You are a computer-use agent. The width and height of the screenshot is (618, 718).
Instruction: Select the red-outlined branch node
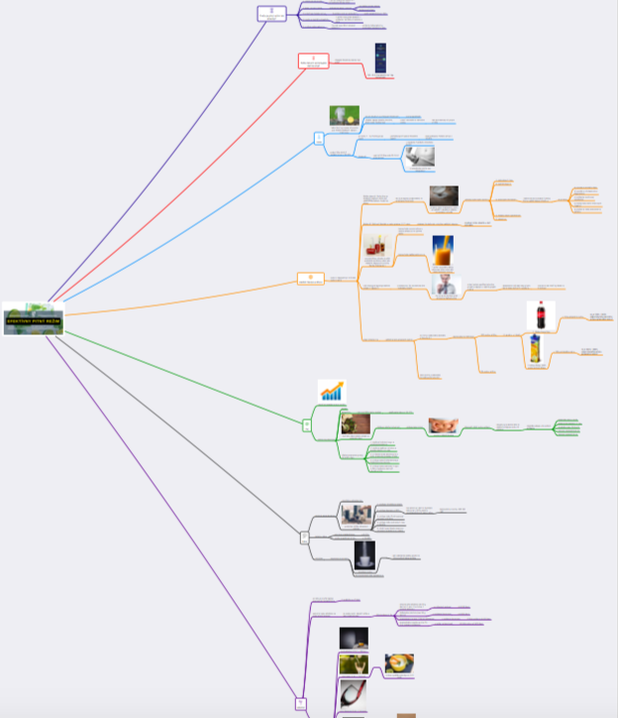(313, 61)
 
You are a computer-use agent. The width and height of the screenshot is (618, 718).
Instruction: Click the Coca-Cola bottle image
(541, 317)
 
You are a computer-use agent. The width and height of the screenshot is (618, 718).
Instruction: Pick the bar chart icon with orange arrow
(332, 391)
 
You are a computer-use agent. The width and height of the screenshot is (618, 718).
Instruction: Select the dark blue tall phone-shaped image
(380, 58)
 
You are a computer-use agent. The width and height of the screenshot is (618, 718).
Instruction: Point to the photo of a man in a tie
(447, 287)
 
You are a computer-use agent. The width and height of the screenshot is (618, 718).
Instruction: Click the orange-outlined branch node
(310, 279)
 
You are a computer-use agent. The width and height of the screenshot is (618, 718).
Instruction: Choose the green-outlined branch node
(307, 424)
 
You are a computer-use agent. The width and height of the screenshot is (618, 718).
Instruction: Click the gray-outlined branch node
(304, 537)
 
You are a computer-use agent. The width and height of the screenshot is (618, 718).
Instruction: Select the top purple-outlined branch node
(271, 13)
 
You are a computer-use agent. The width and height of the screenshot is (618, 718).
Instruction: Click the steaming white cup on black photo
(364, 555)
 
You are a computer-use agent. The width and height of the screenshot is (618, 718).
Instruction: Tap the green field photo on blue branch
(344, 116)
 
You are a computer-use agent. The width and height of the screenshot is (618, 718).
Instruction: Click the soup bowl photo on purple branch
(399, 662)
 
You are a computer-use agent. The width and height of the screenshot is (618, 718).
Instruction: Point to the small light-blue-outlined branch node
(319, 138)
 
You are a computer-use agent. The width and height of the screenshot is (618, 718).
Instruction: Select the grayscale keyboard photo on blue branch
(419, 155)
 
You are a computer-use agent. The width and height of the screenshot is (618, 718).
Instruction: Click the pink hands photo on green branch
(443, 425)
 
